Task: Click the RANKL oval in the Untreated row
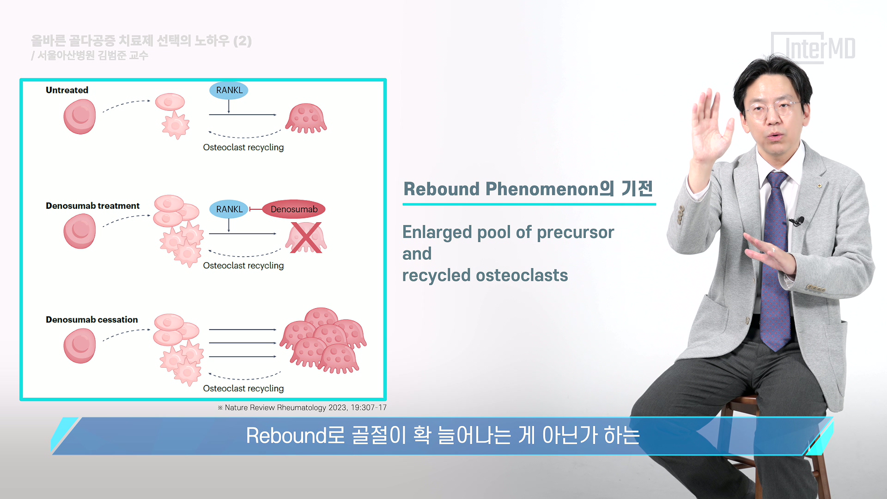pos(229,90)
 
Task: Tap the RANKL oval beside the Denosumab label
pos(229,209)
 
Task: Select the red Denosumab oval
pos(294,209)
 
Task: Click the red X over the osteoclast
pos(305,237)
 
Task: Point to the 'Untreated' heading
pos(67,90)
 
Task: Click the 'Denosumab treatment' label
pos(92,206)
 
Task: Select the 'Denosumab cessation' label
pos(91,320)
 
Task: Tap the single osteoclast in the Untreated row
pos(306,118)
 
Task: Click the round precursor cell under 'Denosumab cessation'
pos(79,346)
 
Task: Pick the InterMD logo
pos(814,48)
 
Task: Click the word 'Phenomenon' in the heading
pos(542,189)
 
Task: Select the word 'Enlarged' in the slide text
pos(437,233)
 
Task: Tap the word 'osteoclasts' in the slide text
pos(522,275)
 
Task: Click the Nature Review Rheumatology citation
pos(302,408)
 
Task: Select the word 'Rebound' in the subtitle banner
pos(286,436)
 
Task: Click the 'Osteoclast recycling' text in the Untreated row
pos(243,147)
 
